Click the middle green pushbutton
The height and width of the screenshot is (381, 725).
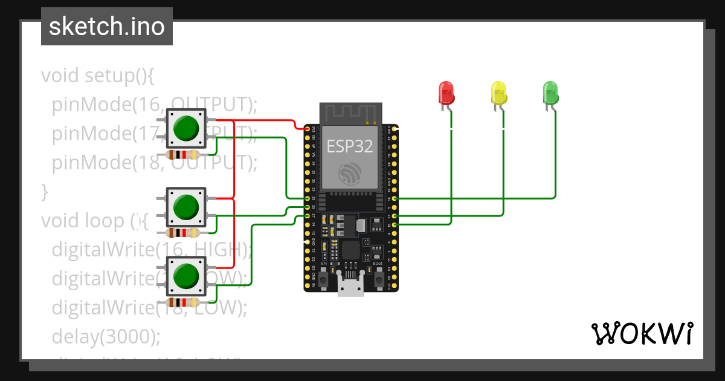click(186, 207)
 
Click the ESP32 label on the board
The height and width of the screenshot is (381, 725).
click(350, 146)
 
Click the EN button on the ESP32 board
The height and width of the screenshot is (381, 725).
click(323, 279)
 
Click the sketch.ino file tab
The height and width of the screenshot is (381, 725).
click(107, 27)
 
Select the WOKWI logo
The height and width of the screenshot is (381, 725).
click(642, 333)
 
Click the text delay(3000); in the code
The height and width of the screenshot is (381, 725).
click(106, 336)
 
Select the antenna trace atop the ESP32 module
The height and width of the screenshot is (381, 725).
click(350, 113)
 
